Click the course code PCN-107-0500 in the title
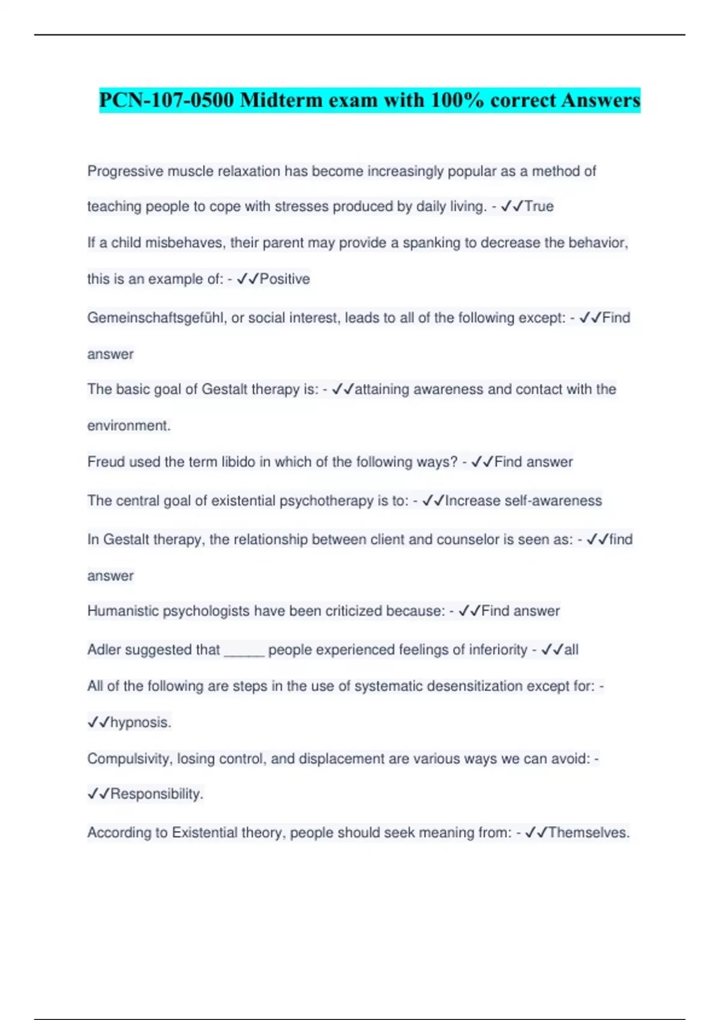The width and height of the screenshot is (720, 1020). pos(167,100)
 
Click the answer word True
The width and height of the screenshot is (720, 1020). pos(539,206)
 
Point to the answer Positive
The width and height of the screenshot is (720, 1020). pos(284,279)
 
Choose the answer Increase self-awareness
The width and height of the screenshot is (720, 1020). pos(523,501)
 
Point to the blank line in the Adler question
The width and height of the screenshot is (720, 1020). pos(244,653)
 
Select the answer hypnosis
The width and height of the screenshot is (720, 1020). pos(140,722)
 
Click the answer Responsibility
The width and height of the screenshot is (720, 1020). pos(157,794)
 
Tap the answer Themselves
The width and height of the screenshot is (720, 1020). pos(589,833)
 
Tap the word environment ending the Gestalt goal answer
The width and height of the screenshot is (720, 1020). pos(128,426)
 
